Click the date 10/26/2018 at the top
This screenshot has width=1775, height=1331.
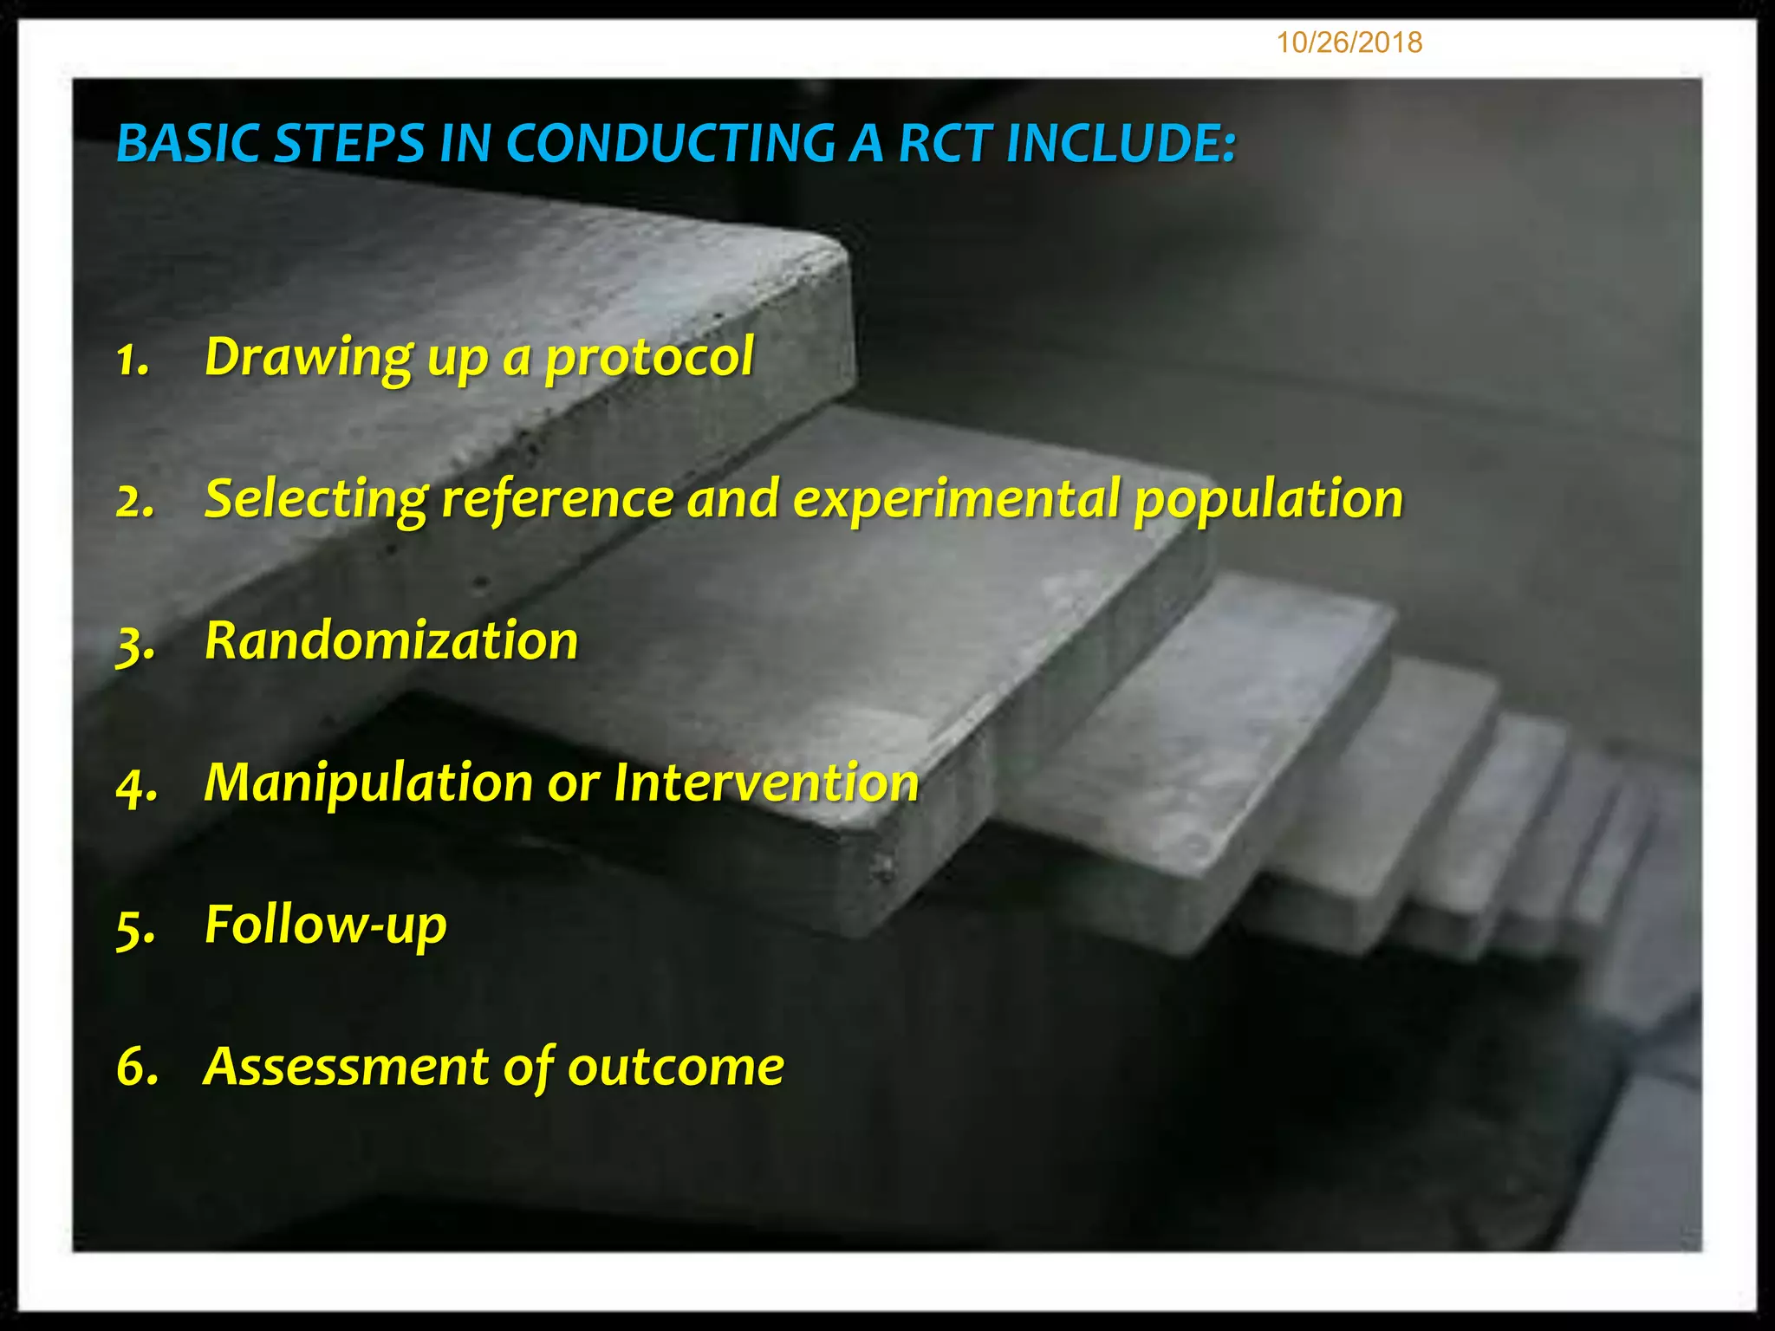(1349, 42)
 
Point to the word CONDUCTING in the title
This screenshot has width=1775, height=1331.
(669, 144)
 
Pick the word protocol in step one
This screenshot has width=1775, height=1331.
(649, 359)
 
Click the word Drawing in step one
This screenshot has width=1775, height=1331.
(309, 359)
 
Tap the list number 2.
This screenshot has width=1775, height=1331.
(135, 501)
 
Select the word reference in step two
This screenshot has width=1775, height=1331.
(557, 500)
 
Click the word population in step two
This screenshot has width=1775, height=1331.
(1268, 500)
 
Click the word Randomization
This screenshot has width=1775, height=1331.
(391, 642)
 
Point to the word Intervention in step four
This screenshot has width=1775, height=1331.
(766, 783)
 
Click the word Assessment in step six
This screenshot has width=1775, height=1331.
(346, 1068)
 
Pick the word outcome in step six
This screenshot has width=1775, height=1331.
(676, 1068)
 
